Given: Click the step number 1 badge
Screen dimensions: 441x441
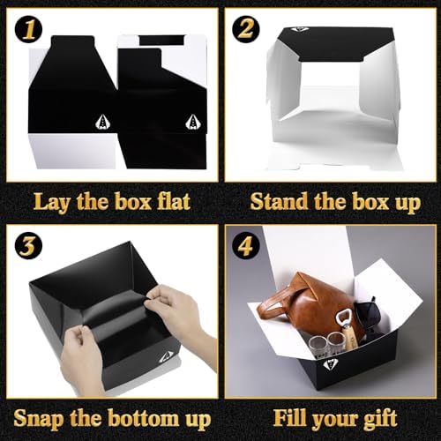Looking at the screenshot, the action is click(29, 29).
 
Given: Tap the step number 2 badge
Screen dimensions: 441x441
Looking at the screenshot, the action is click(246, 29).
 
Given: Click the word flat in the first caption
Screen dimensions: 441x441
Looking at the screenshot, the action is click(174, 201).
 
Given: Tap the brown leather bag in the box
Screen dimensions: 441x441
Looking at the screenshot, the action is click(309, 306).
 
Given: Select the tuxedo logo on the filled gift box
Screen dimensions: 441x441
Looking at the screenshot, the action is click(329, 365).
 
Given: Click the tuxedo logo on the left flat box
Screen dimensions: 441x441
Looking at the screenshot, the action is click(102, 122).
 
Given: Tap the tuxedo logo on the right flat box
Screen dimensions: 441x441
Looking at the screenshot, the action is click(192, 122).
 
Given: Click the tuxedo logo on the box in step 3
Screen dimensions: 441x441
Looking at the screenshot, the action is click(165, 357).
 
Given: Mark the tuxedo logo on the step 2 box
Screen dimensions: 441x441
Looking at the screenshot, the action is click(300, 29).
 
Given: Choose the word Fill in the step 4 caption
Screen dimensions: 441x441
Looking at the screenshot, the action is click(290, 417).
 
